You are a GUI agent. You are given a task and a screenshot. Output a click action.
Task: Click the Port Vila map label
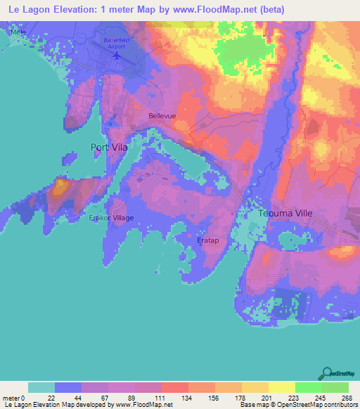click(x=108, y=147)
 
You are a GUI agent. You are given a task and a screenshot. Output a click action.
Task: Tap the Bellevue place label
click(x=162, y=115)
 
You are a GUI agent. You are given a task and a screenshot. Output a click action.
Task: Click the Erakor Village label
click(x=111, y=218)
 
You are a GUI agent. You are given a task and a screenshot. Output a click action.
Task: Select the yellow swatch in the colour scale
click(x=282, y=387)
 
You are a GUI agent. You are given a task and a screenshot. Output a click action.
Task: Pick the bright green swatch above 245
click(x=309, y=387)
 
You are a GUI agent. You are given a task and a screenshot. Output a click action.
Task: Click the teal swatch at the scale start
click(x=41, y=387)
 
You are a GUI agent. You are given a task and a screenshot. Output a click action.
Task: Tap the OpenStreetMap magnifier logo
click(x=327, y=372)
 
